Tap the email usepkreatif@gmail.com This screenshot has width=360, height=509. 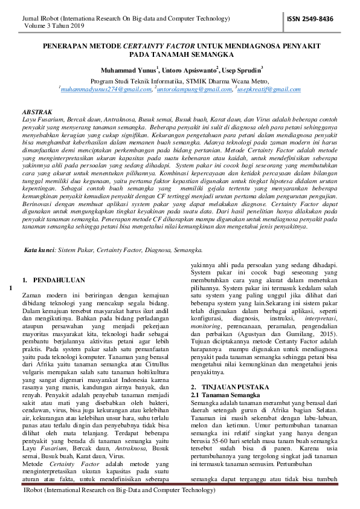point(269,89)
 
